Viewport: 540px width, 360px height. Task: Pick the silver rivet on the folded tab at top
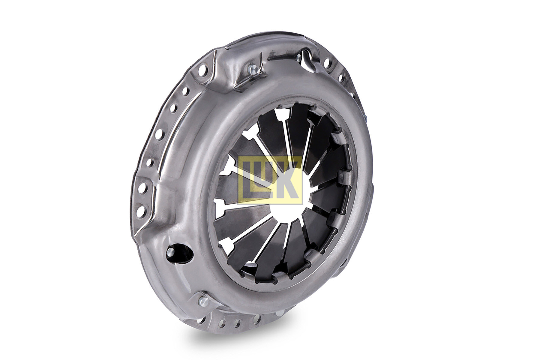coord(252,71)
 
